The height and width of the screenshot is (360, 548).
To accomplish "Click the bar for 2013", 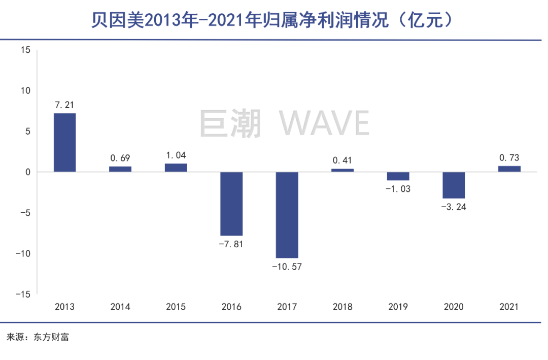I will click(x=65, y=143).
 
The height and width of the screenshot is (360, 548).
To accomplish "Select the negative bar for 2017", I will click(x=287, y=215).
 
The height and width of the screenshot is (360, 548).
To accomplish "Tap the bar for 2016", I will click(x=231, y=204).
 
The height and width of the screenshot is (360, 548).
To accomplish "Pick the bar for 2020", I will click(x=454, y=185).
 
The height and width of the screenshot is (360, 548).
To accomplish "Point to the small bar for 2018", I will click(x=342, y=170).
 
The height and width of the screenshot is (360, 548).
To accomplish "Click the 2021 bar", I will click(x=509, y=169).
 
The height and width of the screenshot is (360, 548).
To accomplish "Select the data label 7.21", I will click(x=65, y=105).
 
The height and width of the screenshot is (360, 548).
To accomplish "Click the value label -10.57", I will click(x=287, y=266).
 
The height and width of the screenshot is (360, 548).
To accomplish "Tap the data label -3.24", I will click(x=454, y=207).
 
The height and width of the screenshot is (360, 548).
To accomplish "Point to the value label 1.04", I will click(x=176, y=156).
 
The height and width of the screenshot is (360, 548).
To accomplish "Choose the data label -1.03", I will click(x=398, y=188).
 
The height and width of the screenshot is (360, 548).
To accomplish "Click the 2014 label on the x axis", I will click(x=120, y=307).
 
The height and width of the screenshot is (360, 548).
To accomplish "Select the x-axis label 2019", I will click(x=398, y=307).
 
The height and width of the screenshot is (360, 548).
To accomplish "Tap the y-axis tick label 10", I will click(x=26, y=90).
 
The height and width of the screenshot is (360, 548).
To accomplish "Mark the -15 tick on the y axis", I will click(x=23, y=294).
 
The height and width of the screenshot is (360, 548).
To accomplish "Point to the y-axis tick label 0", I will click(x=28, y=172).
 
